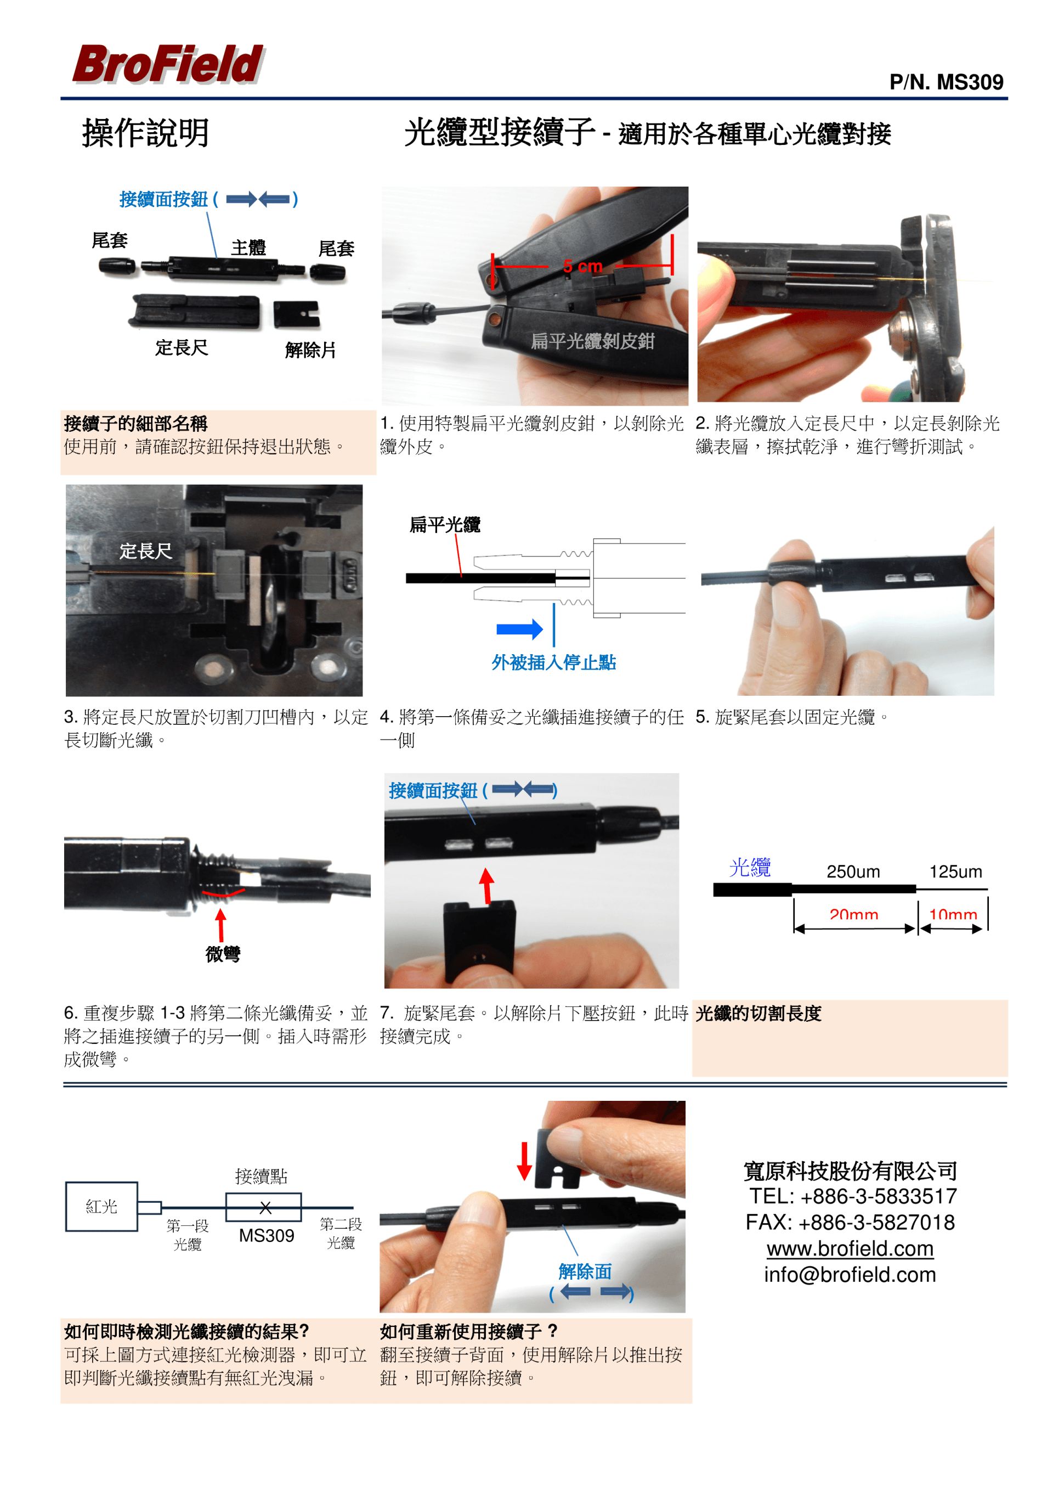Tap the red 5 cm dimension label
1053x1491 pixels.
click(582, 266)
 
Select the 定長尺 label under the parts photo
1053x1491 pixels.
click(181, 347)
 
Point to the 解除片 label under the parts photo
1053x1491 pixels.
click(310, 350)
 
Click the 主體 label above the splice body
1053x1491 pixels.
click(248, 247)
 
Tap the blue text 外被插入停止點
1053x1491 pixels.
click(554, 662)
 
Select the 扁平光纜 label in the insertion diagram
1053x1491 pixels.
click(445, 525)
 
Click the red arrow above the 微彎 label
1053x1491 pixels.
click(220, 925)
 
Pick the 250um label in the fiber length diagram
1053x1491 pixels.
click(853, 871)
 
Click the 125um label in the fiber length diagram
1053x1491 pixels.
click(955, 871)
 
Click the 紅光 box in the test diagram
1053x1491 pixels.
click(101, 1207)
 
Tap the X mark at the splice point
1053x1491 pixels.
click(265, 1208)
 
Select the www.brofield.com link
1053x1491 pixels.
click(850, 1248)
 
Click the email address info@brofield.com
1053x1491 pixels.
click(850, 1275)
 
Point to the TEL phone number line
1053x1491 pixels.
click(853, 1196)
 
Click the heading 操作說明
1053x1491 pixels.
click(145, 133)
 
